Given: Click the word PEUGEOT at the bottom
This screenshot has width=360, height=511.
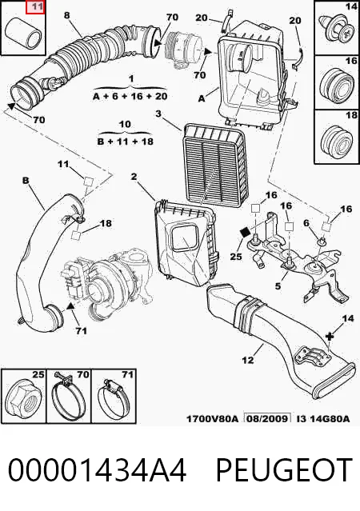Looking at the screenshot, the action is point(284,469).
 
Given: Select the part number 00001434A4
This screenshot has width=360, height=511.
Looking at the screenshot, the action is point(97,469).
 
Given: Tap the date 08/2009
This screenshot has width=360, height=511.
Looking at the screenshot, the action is point(268,418).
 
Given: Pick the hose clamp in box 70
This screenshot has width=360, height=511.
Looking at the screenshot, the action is point(69,398).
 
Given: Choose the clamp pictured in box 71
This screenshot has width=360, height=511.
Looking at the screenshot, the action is point(114,400).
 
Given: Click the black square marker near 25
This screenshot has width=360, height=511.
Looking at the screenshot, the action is point(245,233).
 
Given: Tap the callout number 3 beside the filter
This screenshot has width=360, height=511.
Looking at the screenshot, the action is point(158,114).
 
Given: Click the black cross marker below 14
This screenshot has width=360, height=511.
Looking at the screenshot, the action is point(330,336).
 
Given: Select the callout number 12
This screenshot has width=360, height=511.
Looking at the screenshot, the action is point(248,360).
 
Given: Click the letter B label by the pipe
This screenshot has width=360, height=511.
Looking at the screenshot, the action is point(26,180).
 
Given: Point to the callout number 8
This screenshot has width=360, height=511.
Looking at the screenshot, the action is point(67,15).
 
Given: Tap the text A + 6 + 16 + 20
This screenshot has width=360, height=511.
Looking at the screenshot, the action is point(130,97).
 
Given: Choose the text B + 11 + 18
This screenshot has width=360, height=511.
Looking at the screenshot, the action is point(126,142).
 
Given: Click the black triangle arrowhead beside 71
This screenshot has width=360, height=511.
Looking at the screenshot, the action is point(70,306).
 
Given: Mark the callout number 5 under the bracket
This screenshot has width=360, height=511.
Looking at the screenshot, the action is point(278,286).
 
